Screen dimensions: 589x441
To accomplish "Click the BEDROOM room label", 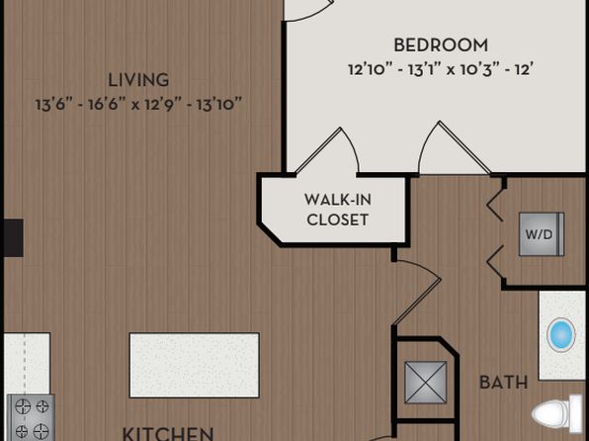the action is [441, 45].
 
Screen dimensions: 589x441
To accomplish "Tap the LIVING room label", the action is [138, 80].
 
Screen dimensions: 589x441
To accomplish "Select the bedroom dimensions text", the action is [441, 69].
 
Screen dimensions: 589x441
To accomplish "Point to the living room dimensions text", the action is [138, 104].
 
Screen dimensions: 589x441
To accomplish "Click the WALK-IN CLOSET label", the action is [337, 210].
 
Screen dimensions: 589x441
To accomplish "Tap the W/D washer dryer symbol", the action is [542, 234].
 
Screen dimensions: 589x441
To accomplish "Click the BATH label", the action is [503, 383].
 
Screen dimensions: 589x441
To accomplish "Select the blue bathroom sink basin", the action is [560, 334].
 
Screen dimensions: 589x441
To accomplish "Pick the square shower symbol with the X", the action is [426, 383].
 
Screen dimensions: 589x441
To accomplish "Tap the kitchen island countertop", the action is [195, 365].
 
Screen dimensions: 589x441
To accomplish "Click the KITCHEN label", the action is [168, 433].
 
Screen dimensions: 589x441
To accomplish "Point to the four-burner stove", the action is [32, 417].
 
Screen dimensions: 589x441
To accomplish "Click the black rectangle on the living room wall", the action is [14, 238].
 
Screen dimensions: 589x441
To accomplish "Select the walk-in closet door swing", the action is [327, 151].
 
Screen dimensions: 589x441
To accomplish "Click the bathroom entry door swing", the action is [417, 292].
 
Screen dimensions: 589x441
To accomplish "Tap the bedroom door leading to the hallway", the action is [455, 148].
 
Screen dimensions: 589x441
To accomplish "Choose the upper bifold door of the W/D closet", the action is [495, 206].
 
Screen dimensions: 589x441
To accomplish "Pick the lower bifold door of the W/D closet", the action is [495, 262].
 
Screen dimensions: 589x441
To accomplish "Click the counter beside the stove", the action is [27, 363].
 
